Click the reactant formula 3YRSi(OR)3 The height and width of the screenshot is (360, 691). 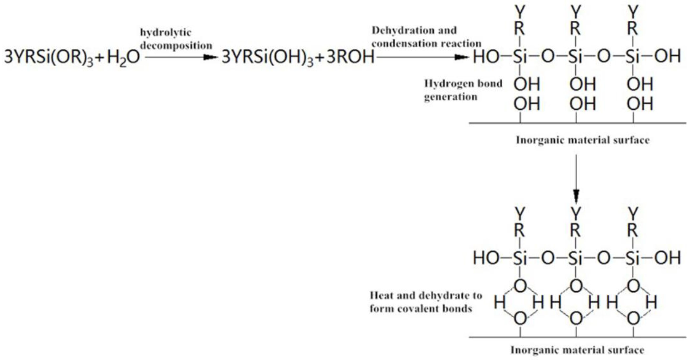pyautogui.click(x=48, y=57)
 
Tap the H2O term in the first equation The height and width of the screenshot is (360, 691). pyautogui.click(x=123, y=57)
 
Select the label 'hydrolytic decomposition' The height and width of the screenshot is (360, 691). pyautogui.click(x=176, y=39)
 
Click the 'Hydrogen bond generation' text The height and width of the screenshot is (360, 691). pyautogui.click(x=463, y=90)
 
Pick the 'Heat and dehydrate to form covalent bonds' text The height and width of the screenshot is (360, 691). pyautogui.click(x=425, y=302)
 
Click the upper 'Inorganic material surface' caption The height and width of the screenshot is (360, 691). pyautogui.click(x=583, y=140)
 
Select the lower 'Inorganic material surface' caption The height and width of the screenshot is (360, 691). pyautogui.click(x=577, y=350)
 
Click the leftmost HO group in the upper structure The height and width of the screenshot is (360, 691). pyautogui.click(x=486, y=57)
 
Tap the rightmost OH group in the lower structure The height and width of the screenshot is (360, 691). pyautogui.click(x=667, y=258)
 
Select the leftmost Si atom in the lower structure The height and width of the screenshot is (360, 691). pyautogui.click(x=520, y=258)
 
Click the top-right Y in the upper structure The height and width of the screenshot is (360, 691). pyautogui.click(x=633, y=12)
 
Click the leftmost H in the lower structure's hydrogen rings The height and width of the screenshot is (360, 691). pyautogui.click(x=499, y=302)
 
